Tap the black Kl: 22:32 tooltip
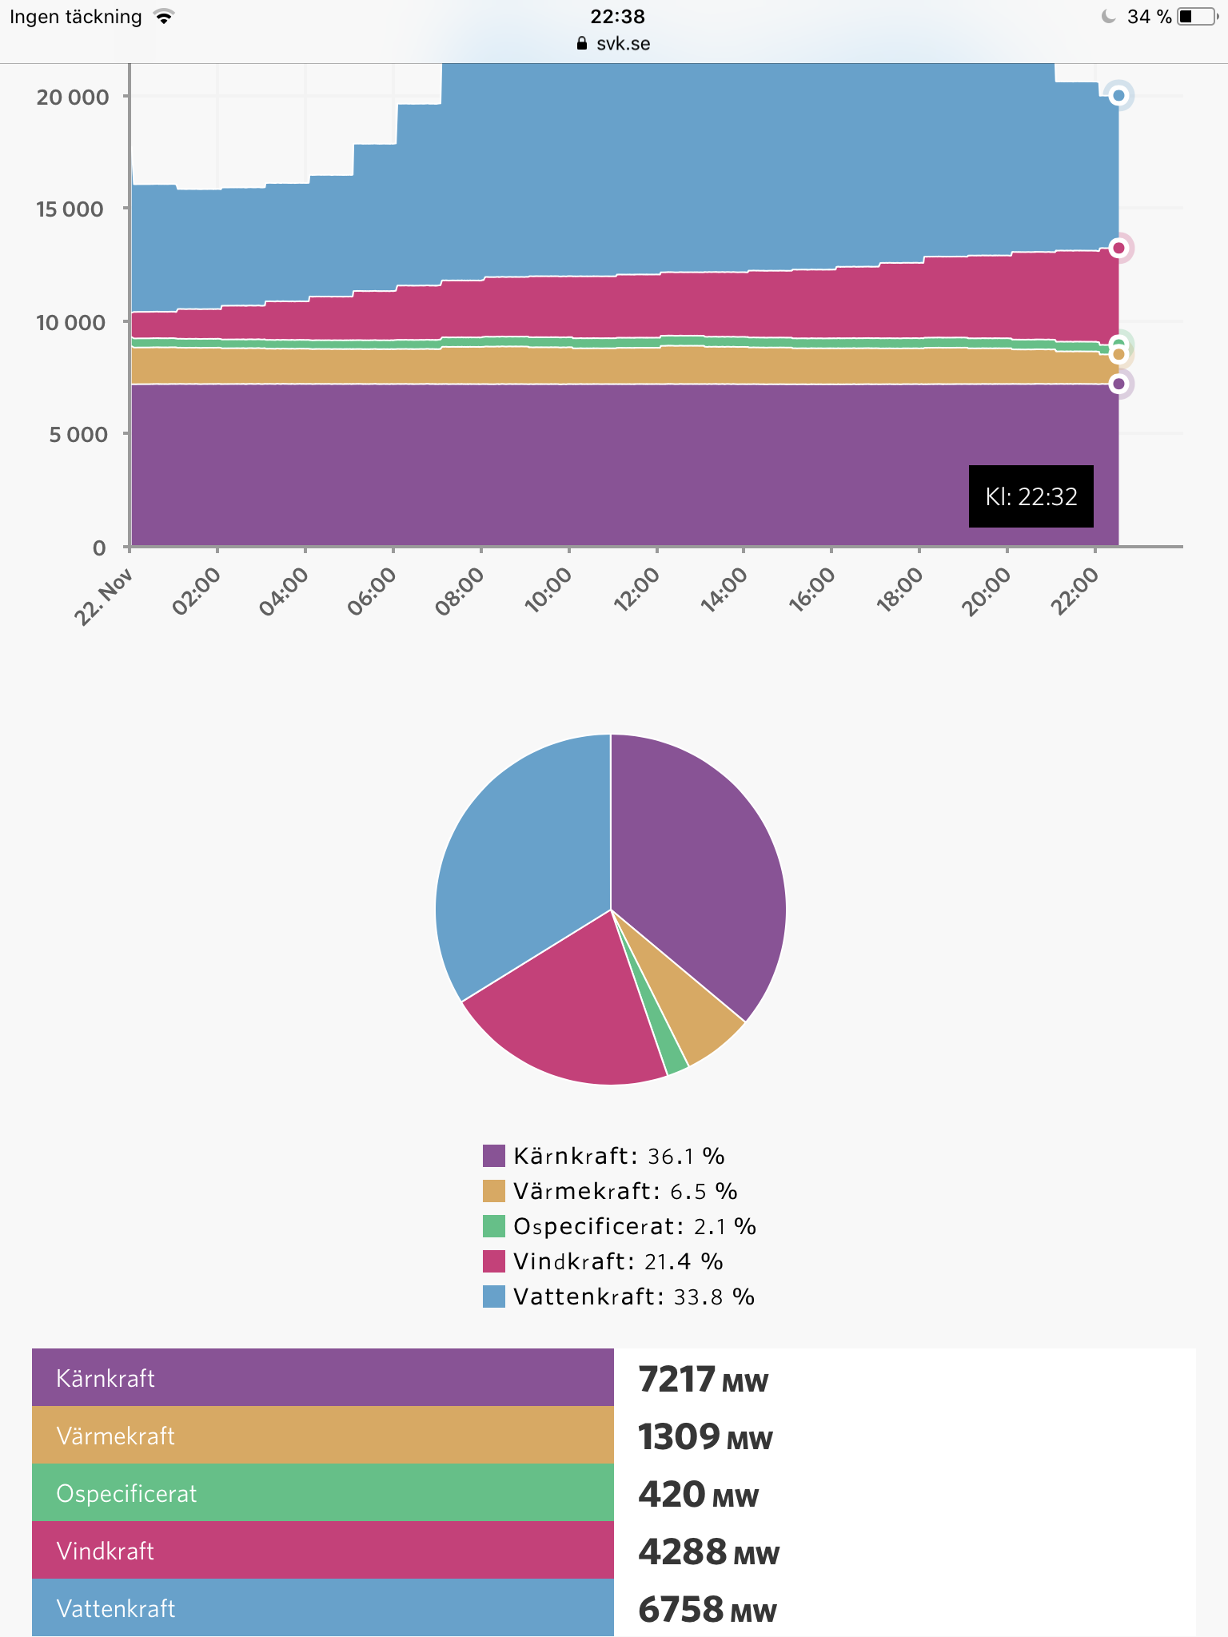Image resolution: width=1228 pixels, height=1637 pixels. pos(1031,496)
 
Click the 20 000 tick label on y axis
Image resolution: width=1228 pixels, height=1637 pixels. pos(72,98)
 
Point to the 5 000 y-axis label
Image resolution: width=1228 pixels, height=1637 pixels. pos(78,435)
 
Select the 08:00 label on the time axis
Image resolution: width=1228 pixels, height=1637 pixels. pos(460,591)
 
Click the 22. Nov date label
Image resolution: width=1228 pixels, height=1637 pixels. pos(103,597)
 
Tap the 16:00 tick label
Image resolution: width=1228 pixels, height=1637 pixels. pos(811,591)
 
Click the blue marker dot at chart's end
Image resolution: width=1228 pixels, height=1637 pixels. pos(1118,96)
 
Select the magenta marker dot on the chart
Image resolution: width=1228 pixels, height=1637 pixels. pos(1118,248)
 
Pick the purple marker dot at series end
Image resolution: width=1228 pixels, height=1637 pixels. pos(1118,384)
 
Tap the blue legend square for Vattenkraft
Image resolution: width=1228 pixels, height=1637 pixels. pos(494,1296)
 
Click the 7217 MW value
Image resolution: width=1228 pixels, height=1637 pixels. pos(703,1380)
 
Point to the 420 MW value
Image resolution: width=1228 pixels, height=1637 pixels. pos(698,1495)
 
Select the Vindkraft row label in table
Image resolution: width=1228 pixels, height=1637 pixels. pos(105,1551)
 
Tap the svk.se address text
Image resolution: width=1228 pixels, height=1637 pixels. pos(623,44)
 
